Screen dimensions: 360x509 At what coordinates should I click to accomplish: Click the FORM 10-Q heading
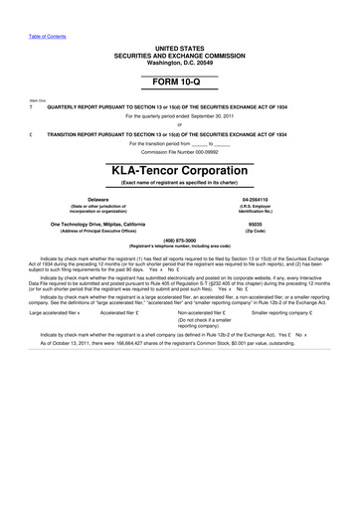[179, 83]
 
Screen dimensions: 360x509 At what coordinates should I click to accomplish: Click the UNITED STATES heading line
[179, 47]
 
